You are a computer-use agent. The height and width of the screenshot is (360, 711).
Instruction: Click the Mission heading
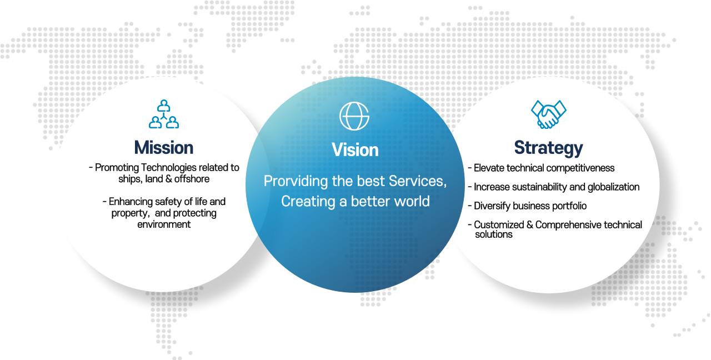164,148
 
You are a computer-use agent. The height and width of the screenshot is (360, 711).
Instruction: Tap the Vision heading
355,150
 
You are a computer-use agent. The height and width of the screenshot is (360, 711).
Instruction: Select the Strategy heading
548,148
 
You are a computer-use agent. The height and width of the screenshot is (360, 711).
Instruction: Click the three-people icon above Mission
164,114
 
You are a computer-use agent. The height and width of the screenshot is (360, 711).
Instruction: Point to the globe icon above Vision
354,116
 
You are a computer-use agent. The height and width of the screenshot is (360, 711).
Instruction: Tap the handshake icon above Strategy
548,114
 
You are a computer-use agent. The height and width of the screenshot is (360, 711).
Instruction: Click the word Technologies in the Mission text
169,168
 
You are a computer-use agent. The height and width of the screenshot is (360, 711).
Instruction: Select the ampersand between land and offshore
168,179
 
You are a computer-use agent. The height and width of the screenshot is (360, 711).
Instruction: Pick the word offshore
192,179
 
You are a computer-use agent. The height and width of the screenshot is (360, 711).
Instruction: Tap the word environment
164,224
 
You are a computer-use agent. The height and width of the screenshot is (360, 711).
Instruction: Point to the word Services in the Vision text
418,181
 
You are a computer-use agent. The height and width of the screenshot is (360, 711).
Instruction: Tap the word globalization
614,187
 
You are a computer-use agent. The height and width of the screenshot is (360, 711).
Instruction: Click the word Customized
499,225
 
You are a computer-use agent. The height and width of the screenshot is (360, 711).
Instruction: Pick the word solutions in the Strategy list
494,234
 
